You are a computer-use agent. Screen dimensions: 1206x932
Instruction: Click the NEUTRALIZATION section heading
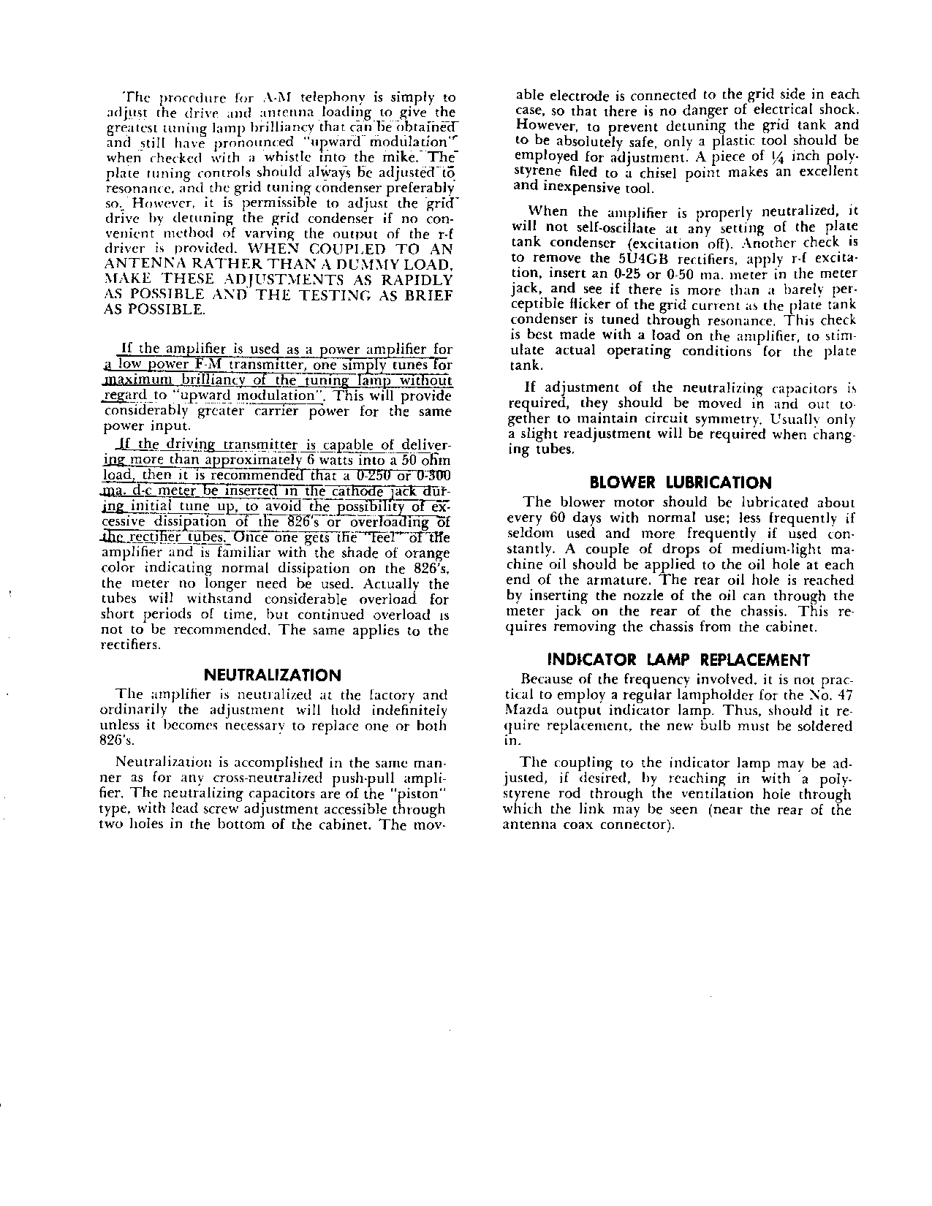(272, 675)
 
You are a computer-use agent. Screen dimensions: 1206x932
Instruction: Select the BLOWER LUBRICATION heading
(680, 482)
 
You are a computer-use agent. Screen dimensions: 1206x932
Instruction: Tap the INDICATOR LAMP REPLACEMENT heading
(679, 660)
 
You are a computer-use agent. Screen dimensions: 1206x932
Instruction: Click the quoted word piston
(424, 793)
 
